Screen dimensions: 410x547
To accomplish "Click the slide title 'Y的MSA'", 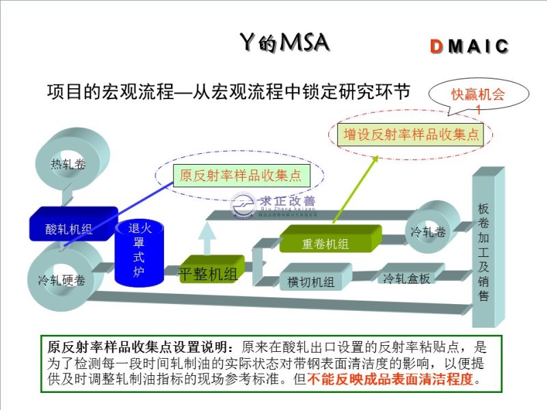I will (285, 42).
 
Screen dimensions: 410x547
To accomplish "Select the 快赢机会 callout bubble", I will (478, 96).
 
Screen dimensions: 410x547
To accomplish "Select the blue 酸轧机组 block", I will (69, 227).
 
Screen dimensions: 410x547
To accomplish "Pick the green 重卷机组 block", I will (329, 241).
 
